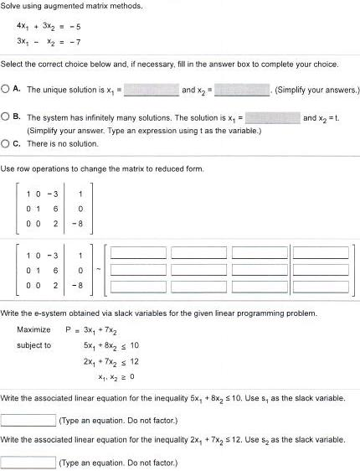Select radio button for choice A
(6, 88)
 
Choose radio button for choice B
(6, 118)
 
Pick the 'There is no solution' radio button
(6, 142)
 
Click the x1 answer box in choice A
(152, 88)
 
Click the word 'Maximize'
(33, 329)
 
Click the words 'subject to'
(33, 344)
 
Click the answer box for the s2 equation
(28, 461)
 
